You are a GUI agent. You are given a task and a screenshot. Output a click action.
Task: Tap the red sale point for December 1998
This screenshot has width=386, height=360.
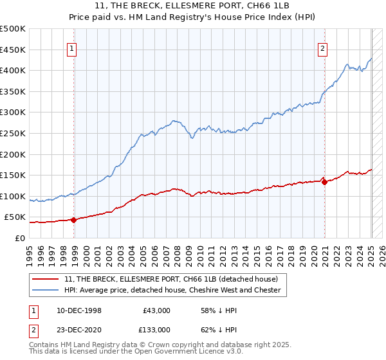[x=73, y=220]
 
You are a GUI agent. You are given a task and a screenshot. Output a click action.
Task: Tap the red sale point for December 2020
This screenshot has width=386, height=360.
[x=324, y=182]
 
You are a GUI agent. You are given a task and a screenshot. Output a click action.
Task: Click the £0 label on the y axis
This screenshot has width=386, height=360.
[x=20, y=238]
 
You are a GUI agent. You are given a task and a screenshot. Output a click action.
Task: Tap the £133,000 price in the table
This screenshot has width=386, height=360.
[x=156, y=329]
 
